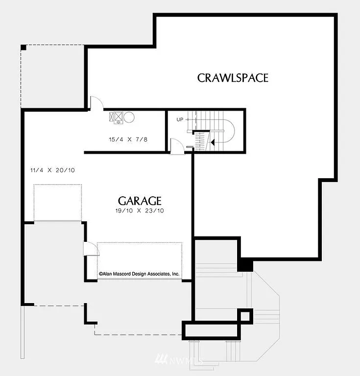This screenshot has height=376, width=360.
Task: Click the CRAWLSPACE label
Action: [233, 78]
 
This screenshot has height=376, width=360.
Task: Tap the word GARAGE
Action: [140, 201]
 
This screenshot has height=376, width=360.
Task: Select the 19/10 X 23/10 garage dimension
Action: [140, 211]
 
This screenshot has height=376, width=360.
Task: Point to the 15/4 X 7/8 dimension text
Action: [128, 140]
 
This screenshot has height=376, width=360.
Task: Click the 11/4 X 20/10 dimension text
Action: [52, 170]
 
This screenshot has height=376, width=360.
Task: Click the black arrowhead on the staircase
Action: [212, 142]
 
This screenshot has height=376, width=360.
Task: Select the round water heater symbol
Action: [129, 117]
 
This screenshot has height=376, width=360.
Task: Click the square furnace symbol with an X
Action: [117, 117]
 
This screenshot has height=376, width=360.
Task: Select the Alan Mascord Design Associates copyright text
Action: [139, 275]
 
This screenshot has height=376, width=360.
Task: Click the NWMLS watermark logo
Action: [179, 361]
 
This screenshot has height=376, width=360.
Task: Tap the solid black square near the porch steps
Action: [246, 265]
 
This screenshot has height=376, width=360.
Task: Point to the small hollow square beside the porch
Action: [245, 316]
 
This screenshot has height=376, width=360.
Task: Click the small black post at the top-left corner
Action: [23, 47]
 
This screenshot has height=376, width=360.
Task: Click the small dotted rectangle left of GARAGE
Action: [57, 202]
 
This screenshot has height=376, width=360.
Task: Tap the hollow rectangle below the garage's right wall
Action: [213, 330]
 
